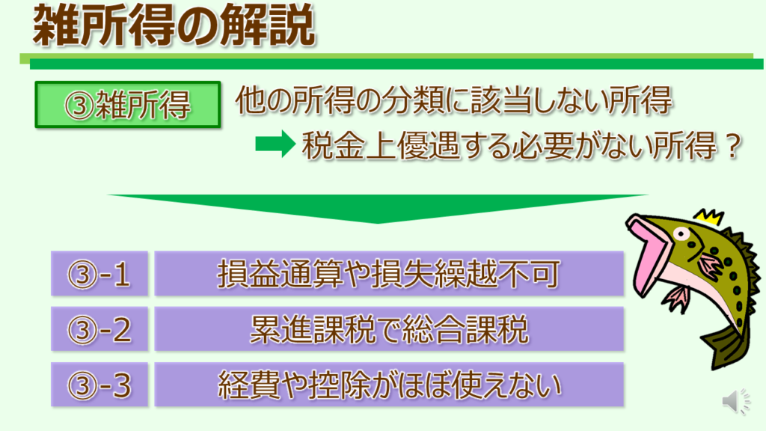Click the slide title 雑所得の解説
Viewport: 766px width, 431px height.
(174, 25)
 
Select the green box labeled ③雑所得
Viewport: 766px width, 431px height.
(127, 105)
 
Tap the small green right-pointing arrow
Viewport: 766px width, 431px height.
(275, 144)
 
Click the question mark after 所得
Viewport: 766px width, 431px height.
(733, 145)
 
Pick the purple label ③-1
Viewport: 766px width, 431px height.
(99, 273)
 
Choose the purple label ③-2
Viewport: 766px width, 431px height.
(99, 329)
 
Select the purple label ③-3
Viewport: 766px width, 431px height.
(99, 385)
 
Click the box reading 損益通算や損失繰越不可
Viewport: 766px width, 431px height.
(389, 273)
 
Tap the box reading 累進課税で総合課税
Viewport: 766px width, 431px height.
(389, 329)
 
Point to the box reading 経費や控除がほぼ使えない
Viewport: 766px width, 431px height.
(389, 385)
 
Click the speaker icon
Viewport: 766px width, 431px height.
(736, 402)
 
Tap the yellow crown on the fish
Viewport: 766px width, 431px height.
(709, 217)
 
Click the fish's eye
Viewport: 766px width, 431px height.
(681, 234)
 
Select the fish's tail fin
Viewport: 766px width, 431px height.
(723, 348)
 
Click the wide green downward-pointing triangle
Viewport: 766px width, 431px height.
(378, 205)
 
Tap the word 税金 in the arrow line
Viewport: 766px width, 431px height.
(333, 145)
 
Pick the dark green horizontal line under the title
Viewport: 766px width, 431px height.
(396, 64)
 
